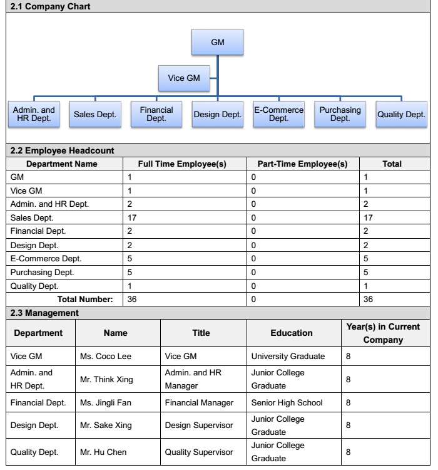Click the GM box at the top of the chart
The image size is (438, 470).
click(217, 42)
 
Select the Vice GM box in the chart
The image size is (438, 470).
click(185, 79)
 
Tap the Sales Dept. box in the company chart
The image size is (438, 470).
click(95, 115)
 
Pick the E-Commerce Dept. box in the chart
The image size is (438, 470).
click(278, 115)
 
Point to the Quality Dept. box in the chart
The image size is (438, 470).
click(400, 115)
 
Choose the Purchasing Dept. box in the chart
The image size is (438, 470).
click(340, 115)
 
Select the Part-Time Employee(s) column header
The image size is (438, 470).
click(302, 164)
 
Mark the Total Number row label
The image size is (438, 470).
click(85, 300)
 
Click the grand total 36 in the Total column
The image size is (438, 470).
click(369, 300)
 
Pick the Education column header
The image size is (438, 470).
click(292, 333)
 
